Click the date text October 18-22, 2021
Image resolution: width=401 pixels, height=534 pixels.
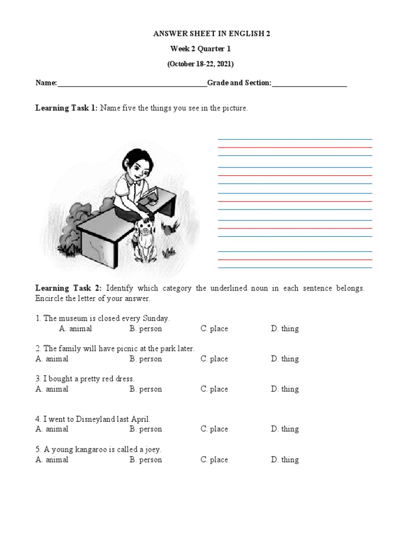click(x=200, y=64)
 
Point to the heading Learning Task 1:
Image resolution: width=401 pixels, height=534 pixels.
click(x=66, y=108)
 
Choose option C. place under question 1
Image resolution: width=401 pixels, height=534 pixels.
click(x=214, y=329)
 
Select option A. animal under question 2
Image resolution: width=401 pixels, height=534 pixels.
click(x=52, y=359)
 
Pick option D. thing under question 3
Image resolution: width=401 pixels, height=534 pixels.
click(x=285, y=389)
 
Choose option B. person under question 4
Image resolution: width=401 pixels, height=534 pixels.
click(x=146, y=429)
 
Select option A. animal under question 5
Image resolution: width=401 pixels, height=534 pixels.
click(x=52, y=459)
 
